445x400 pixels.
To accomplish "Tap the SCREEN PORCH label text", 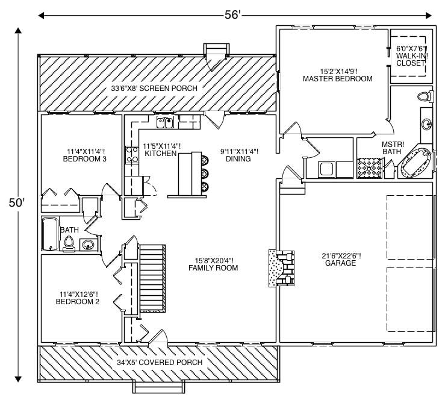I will (x=154, y=89).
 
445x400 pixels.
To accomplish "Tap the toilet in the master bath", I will (x=425, y=96).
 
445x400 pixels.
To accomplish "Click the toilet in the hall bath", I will (x=69, y=243).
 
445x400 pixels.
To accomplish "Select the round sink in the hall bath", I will (x=89, y=245).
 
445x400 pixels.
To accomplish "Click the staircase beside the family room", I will (x=153, y=277).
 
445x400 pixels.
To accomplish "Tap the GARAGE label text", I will (x=340, y=259).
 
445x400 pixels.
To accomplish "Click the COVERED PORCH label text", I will (x=159, y=362).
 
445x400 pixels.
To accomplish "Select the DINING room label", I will (x=238, y=155).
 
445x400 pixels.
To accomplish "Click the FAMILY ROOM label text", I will (x=213, y=264).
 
